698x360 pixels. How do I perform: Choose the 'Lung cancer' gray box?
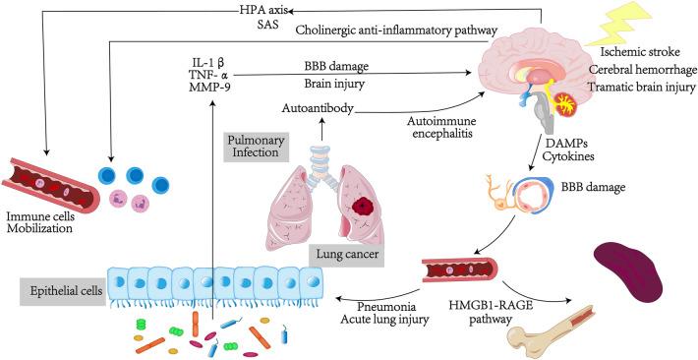click(348, 252)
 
